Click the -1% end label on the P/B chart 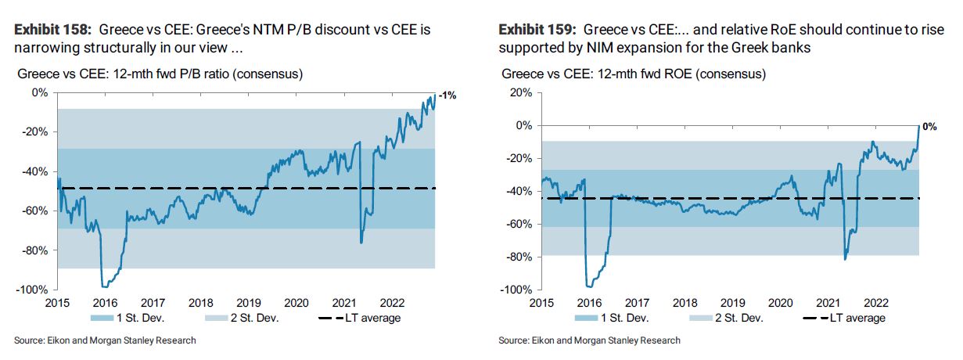pyautogui.click(x=448, y=95)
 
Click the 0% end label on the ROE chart pyautogui.click(x=929, y=126)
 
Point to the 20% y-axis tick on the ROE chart pyautogui.click(x=520, y=92)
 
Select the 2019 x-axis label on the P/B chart pyautogui.click(x=250, y=302)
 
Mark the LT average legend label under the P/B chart pyautogui.click(x=373, y=318)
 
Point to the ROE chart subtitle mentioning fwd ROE pyautogui.click(x=633, y=74)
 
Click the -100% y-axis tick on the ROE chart pyautogui.click(x=517, y=290)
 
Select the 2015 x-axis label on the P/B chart pyautogui.click(x=58, y=302)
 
